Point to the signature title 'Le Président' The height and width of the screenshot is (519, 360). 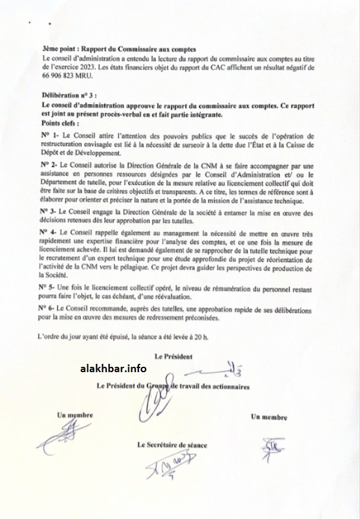(x=174, y=357)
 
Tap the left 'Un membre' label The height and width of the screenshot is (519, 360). (x=75, y=415)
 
